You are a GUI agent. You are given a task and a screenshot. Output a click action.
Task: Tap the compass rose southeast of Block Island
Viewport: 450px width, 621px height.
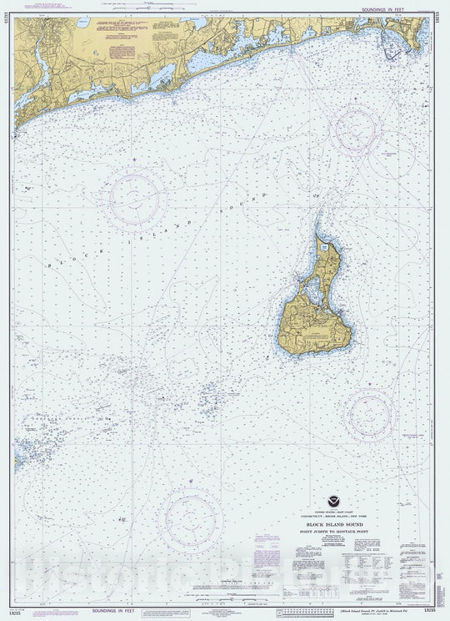click(x=369, y=413)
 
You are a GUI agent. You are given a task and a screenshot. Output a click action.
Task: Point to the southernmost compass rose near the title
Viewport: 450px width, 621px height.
click(x=191, y=519)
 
